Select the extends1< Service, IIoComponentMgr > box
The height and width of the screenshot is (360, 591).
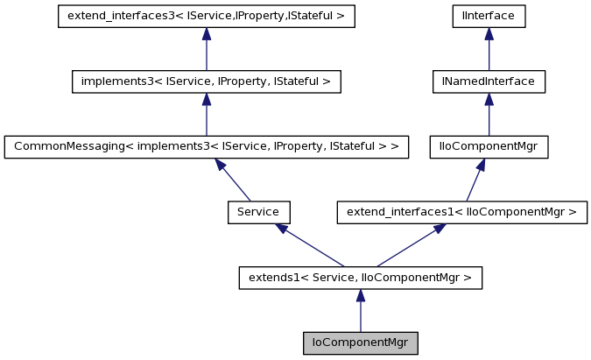point(360,279)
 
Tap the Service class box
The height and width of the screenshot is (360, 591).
point(258,212)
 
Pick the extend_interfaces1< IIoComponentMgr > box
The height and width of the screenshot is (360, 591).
point(461,212)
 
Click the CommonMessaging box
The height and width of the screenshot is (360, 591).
point(206,146)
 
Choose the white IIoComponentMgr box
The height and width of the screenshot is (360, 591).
point(488,146)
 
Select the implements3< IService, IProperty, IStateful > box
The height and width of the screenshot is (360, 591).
point(206,81)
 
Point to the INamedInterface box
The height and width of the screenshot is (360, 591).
point(489,81)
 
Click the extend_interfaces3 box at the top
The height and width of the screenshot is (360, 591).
point(206,16)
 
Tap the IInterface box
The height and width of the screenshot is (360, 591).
point(489,16)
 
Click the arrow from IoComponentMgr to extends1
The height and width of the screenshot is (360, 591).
point(360,311)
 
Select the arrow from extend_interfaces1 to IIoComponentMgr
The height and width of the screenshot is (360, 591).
point(475,180)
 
